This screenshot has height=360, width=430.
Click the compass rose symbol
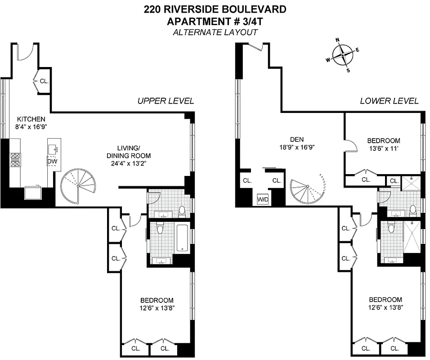(x=343, y=54)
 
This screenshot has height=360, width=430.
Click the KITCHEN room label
(x=31, y=119)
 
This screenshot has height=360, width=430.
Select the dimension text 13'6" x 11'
(x=383, y=148)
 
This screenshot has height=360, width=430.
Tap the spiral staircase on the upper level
(x=78, y=185)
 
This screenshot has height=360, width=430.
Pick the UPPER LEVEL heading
(x=166, y=101)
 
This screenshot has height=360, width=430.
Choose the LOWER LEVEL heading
(x=389, y=101)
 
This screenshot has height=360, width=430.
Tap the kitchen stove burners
(x=15, y=160)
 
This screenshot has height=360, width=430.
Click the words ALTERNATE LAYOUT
(x=215, y=32)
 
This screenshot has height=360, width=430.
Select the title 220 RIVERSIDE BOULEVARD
(x=215, y=9)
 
